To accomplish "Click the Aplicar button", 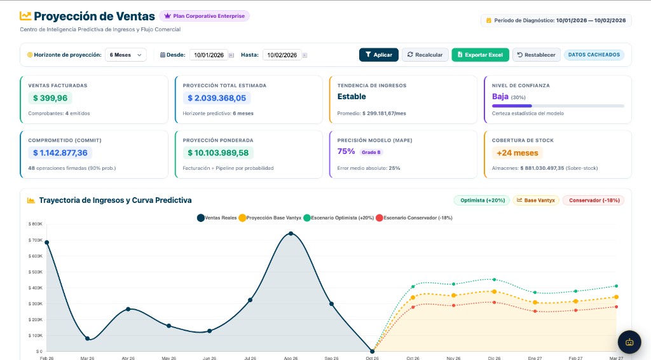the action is coord(379,55).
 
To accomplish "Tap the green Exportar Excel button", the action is coord(480,55).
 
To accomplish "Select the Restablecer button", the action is coord(537,55).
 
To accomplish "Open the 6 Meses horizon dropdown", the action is coord(125,55).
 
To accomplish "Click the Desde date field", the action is coord(209,55).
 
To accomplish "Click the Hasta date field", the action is coord(282,55).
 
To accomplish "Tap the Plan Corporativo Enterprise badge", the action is coord(204,16).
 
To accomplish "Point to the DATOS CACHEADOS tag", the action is coord(594,55).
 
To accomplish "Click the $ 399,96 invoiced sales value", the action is coord(50,98).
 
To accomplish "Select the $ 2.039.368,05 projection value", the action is coord(217,98).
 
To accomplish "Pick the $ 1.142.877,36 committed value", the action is coord(60,153).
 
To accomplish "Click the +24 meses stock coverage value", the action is coord(517,153).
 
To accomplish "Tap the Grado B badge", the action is coord(371,153).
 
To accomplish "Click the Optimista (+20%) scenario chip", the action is coord(482,200).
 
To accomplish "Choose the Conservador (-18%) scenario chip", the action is coord(594,200).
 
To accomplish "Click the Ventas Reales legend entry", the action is coord(217,218).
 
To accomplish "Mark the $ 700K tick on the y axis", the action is coord(36,240).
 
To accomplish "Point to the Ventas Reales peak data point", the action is coord(291,234).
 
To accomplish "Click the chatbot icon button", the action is coord(629,342).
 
